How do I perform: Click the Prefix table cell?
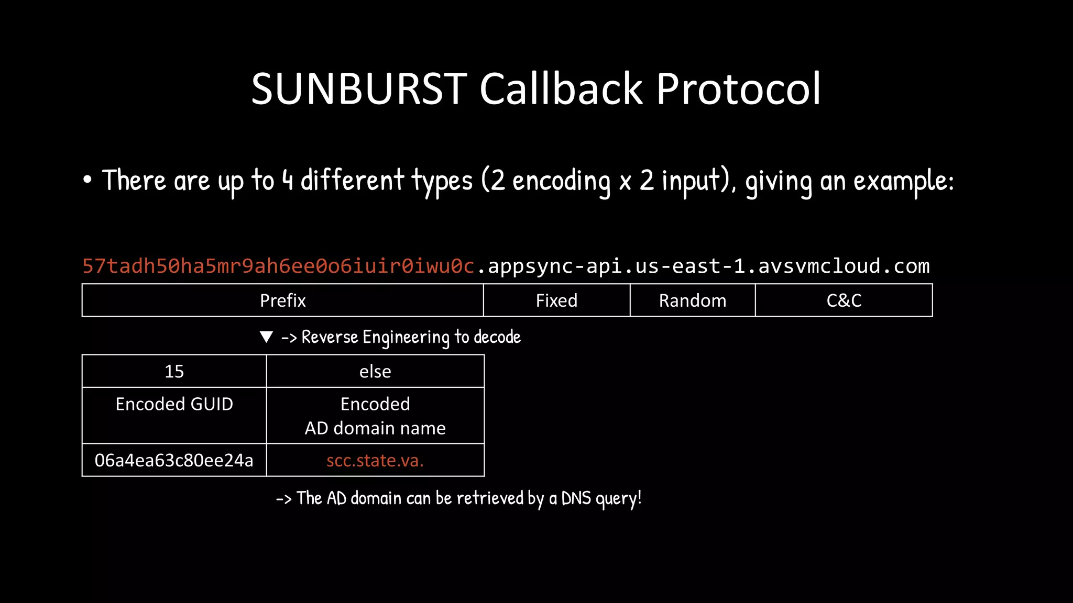[282, 300]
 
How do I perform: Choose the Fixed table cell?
[556, 300]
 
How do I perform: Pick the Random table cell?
[692, 300]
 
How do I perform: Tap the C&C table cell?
[844, 300]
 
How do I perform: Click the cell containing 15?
[174, 371]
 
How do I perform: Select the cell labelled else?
[375, 371]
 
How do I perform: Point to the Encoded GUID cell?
[174, 404]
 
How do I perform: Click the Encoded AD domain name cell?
[375, 416]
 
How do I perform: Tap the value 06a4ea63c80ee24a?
[174, 460]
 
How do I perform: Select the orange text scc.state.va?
[375, 460]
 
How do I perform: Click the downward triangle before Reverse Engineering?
[266, 337]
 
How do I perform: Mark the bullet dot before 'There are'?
[87, 180]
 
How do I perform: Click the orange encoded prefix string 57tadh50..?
[278, 266]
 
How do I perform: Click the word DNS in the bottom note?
[576, 498]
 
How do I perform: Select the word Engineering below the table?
[406, 337]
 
